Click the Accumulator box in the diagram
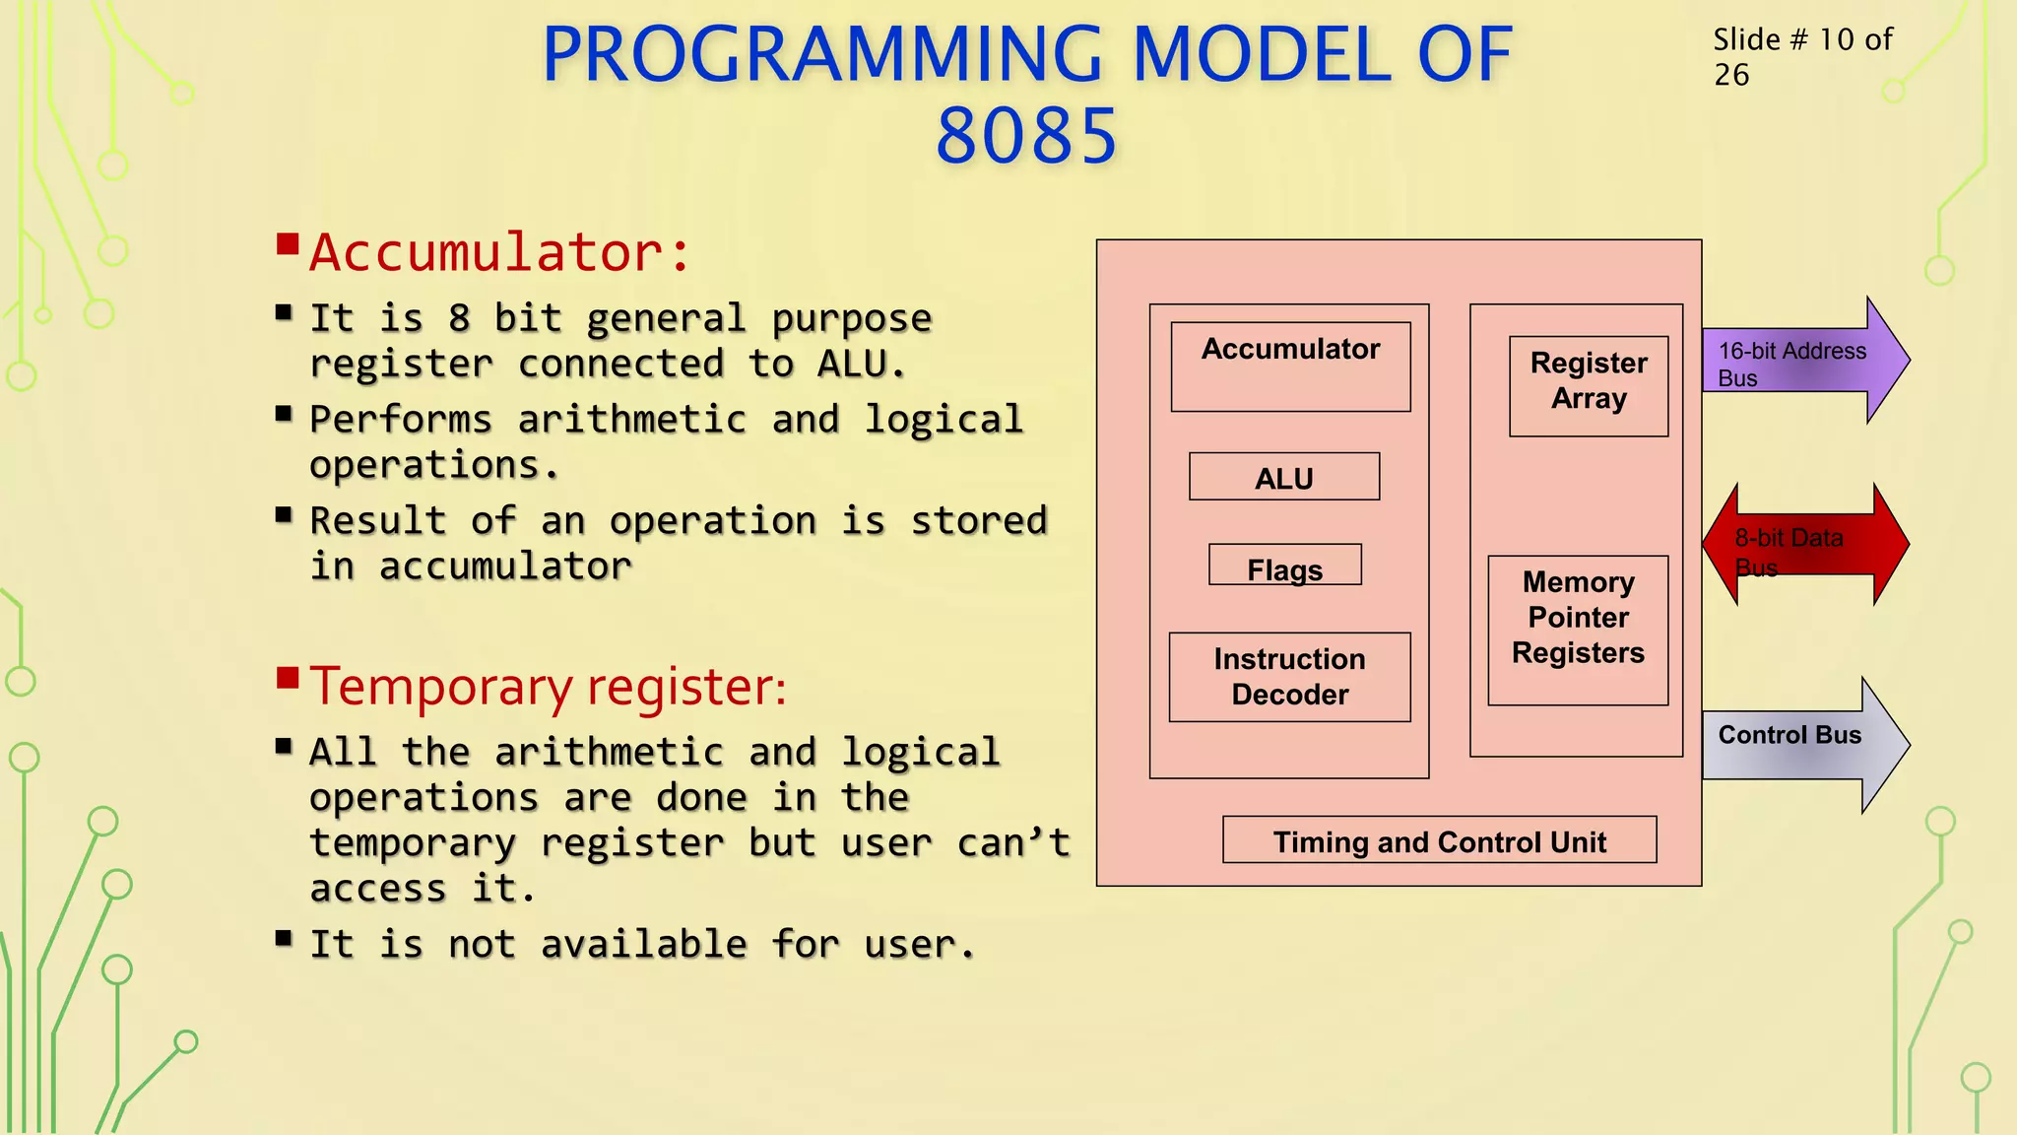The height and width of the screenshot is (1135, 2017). coord(1290,367)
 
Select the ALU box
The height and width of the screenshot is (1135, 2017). coord(1284,478)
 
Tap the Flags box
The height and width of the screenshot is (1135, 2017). coord(1285,567)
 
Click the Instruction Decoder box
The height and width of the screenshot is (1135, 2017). coord(1289,677)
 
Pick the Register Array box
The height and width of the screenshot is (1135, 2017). coord(1589,385)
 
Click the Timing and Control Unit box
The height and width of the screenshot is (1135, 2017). coord(1439,840)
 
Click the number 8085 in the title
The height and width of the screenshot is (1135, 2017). coord(1026,136)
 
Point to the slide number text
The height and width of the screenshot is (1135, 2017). coord(1801,56)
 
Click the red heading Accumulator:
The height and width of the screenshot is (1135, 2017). coord(499,252)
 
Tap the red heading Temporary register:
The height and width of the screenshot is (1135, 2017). coord(549,687)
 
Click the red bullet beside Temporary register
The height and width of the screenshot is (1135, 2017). coord(288,678)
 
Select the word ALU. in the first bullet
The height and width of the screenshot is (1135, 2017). coord(861,365)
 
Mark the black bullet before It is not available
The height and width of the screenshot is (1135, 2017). coord(284,938)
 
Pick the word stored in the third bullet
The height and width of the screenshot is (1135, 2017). coord(978,521)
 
